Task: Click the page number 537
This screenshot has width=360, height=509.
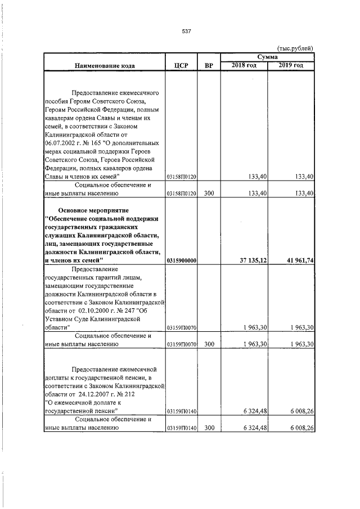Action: point(187,31)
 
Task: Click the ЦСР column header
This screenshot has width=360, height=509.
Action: point(181,66)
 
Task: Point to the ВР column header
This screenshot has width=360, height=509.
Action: point(209,66)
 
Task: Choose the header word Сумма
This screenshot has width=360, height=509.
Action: point(267,57)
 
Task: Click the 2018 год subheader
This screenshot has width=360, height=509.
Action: point(244,66)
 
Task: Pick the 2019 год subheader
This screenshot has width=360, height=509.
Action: point(290,66)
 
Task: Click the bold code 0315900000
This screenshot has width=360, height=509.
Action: point(181,260)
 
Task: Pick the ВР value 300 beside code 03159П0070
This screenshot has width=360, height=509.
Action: point(209,344)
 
